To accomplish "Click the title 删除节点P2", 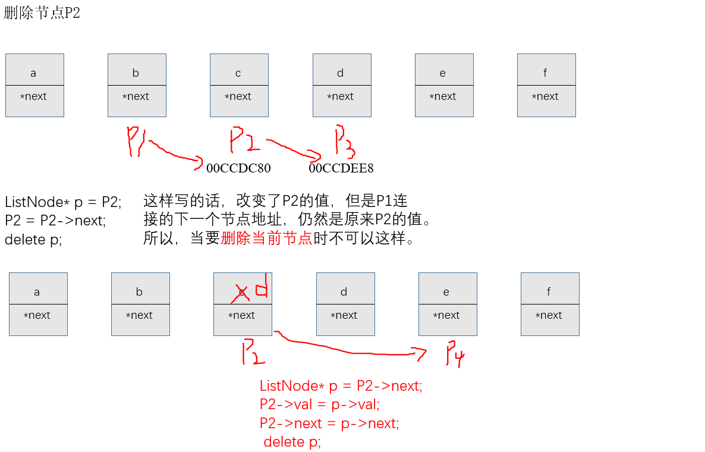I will (x=42, y=13).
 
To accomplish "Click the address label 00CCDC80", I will (x=238, y=168).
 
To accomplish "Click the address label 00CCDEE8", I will (x=341, y=168).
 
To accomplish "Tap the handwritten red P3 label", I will (x=344, y=141).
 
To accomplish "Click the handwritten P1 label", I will (x=136, y=142).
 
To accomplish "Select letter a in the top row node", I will (x=33, y=73).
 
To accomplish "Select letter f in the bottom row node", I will (x=548, y=292).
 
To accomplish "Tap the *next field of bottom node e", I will (x=446, y=315).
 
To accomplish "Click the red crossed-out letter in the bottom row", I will (x=241, y=293).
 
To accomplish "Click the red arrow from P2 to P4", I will (x=351, y=350).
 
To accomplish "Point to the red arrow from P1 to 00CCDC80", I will (x=174, y=154).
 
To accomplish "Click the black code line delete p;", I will (x=33, y=240).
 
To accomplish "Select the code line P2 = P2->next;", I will (x=55, y=221).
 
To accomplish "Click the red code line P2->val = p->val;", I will (x=319, y=404).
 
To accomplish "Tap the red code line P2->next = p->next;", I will (x=329, y=423).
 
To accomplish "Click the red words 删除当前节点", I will (x=266, y=239).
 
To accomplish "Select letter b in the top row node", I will (x=136, y=73).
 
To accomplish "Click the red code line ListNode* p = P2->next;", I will (x=341, y=386).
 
